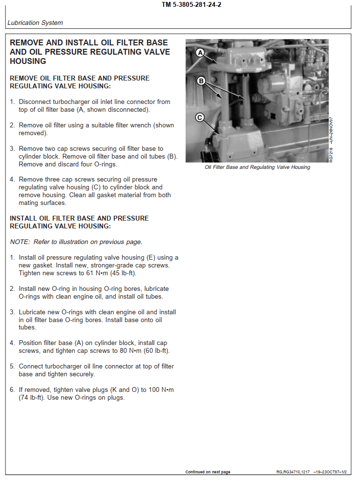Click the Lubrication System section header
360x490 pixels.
(x=35, y=23)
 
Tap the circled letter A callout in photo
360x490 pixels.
(x=200, y=52)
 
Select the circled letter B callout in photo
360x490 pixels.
(x=200, y=81)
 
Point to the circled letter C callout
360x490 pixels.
(x=199, y=117)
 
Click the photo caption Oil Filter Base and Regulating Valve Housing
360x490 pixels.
(x=257, y=167)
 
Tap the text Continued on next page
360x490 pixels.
(x=208, y=472)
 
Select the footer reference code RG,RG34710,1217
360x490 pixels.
(x=293, y=472)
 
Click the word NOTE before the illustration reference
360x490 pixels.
(x=19, y=242)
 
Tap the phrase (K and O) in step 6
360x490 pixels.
(x=128, y=390)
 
